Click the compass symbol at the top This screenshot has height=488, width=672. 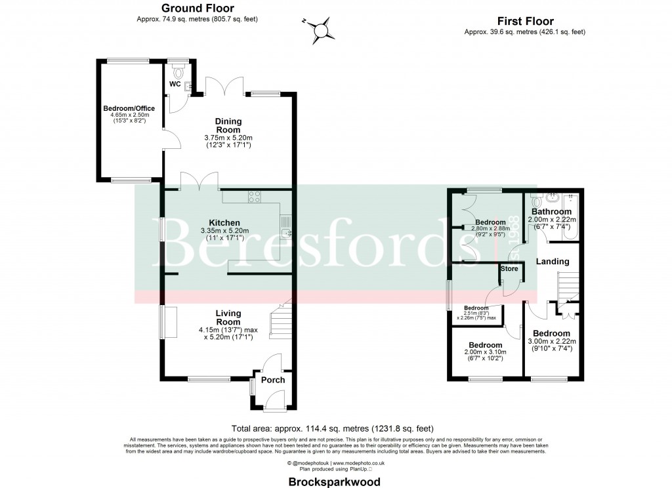pyautogui.click(x=321, y=29)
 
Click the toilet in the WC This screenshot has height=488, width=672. pyautogui.click(x=176, y=68)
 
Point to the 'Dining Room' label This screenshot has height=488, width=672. pyautogui.click(x=228, y=125)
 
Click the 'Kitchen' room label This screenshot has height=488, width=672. pyautogui.click(x=224, y=223)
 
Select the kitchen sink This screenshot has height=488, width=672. pyautogui.click(x=286, y=230)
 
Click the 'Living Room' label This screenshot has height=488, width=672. pyautogui.click(x=228, y=317)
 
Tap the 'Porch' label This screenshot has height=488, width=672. pyautogui.click(x=273, y=380)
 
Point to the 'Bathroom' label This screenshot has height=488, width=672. pyautogui.click(x=551, y=212)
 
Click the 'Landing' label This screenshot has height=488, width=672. pyautogui.click(x=553, y=262)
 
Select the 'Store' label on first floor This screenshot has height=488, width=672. pyautogui.click(x=509, y=269)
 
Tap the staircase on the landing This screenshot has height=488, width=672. pyautogui.click(x=568, y=287)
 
